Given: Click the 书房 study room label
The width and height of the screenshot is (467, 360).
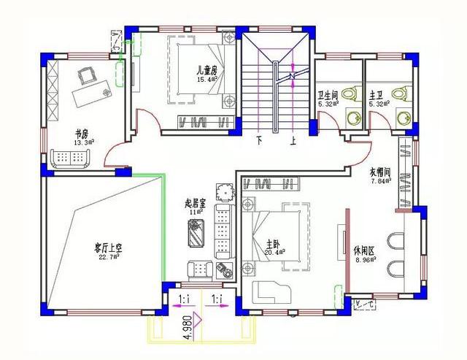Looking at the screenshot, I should (81, 134).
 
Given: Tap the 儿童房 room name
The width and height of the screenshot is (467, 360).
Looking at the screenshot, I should (207, 71).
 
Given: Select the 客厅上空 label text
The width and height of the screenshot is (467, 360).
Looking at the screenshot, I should (107, 248).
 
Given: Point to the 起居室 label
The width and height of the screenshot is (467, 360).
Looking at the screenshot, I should (196, 204).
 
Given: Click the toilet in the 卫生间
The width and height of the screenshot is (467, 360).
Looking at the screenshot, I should (351, 95).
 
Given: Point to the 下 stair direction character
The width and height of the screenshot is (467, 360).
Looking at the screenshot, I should (258, 140).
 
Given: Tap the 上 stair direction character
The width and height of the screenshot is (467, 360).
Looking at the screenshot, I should (293, 141).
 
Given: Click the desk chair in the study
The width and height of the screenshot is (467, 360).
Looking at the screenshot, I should (89, 73).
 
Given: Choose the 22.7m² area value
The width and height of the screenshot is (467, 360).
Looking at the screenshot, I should (108, 257).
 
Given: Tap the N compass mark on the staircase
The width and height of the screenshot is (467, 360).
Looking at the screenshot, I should (291, 76).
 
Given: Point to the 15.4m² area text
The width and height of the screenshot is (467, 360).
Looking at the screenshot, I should (207, 80).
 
